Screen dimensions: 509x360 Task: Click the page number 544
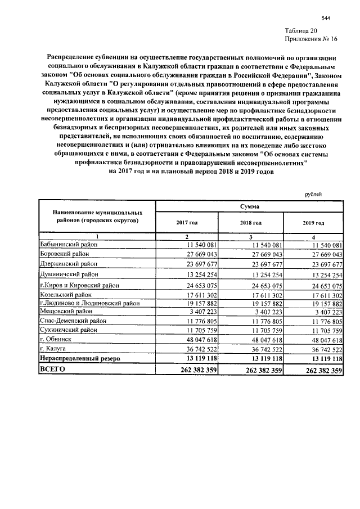(x=325, y=18)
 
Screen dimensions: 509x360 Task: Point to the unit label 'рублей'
(x=313, y=194)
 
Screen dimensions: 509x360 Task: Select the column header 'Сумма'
(x=249, y=207)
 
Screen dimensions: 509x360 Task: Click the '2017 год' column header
(x=187, y=223)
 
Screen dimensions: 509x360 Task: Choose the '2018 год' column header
(x=249, y=223)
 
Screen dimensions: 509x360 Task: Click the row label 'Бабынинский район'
(x=69, y=245)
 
